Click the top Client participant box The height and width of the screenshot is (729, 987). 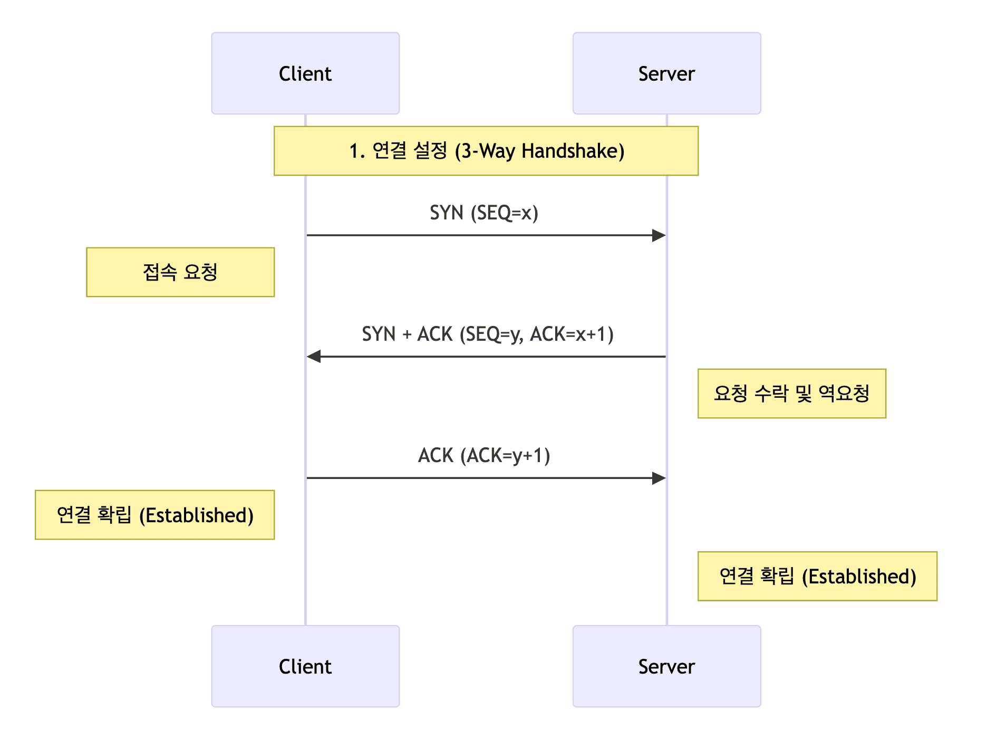tap(305, 73)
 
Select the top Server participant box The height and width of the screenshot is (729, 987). tap(666, 73)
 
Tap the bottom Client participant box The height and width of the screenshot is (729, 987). tap(305, 666)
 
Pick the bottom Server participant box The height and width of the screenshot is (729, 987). tap(666, 666)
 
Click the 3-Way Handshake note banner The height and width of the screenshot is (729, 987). tap(486, 151)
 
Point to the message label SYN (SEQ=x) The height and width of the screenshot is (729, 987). tap(484, 213)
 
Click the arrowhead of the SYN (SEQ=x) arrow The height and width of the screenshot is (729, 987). tap(659, 235)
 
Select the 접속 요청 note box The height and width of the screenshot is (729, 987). tap(180, 272)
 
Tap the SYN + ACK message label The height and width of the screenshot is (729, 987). tap(487, 334)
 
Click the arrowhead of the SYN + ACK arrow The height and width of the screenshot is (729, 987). tap(314, 357)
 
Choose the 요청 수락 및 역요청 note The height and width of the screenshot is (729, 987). tap(791, 394)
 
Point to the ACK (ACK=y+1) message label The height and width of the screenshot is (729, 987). tap(484, 456)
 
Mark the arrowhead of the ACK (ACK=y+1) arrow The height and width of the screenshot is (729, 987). tap(659, 478)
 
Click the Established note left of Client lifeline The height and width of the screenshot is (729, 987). tap(154, 515)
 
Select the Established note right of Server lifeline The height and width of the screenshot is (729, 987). tap(817, 576)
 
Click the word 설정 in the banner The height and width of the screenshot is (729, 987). tap(430, 151)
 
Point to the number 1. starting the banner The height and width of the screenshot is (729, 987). tap(357, 151)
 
